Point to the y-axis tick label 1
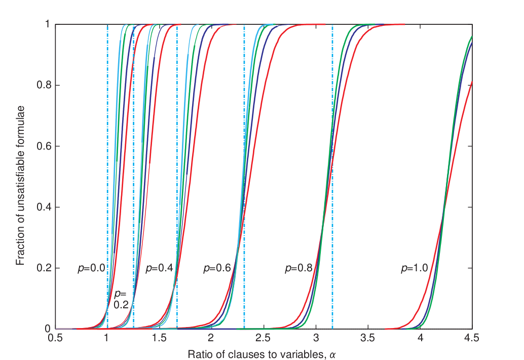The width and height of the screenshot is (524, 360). (46, 25)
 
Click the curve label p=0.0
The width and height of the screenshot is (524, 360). (91, 269)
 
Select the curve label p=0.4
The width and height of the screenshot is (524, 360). (159, 269)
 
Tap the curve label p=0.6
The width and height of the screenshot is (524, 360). (217, 269)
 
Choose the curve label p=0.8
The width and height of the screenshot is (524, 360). (298, 269)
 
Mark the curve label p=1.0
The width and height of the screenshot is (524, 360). (414, 269)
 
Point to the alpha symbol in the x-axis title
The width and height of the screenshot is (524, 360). (332, 354)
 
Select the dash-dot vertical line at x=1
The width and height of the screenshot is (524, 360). (107, 152)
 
